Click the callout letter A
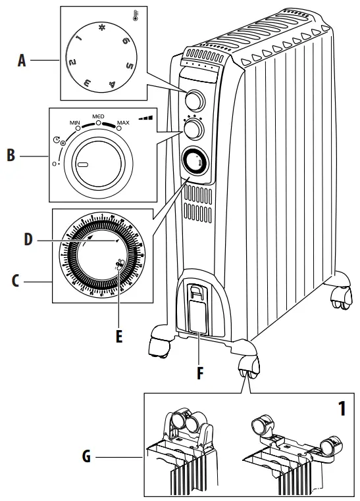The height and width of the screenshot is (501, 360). pyautogui.click(x=22, y=61)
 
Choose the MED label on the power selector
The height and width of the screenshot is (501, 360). pyautogui.click(x=98, y=116)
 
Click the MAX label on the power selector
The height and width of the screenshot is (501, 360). pyautogui.click(x=122, y=123)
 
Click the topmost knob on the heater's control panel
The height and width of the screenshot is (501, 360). pyautogui.click(x=194, y=100)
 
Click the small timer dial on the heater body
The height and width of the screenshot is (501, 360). pyautogui.click(x=195, y=160)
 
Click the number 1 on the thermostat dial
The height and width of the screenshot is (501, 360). pyautogui.click(x=78, y=41)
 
